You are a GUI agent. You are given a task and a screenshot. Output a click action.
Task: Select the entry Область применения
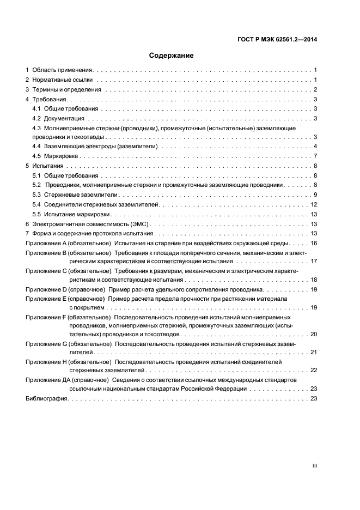pos(63,70)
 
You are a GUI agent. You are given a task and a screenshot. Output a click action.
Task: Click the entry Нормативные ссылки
pos(62,80)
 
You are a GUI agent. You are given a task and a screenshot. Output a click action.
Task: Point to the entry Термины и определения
pos(66,90)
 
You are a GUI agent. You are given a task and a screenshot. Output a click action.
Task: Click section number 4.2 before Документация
pos(36,118)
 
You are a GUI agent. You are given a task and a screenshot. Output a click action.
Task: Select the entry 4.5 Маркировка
pos(54,156)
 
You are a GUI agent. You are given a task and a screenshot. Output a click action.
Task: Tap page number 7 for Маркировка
pos(315,156)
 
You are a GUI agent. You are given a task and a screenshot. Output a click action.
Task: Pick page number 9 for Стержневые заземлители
pos(315,195)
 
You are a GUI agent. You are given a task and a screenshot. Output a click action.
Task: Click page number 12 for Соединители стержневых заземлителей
pos(314,204)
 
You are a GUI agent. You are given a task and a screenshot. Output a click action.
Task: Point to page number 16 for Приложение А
pos(314,243)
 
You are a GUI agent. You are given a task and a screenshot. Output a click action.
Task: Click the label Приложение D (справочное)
pos(65,289)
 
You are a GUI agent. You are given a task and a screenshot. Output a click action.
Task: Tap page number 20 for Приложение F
pos(314,333)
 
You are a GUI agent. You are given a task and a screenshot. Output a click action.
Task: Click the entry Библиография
pos(46,399)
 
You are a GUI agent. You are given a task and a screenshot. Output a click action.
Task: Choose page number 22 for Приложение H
pos(314,370)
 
